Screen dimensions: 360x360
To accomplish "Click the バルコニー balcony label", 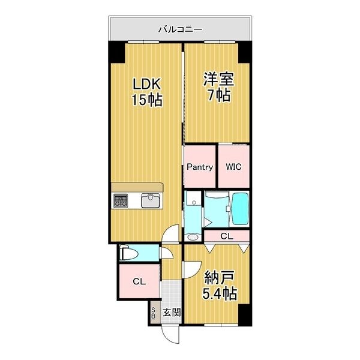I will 180,28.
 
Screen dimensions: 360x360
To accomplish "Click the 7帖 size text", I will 218,97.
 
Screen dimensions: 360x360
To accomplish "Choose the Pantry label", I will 199,167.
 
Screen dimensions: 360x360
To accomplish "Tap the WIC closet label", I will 234,167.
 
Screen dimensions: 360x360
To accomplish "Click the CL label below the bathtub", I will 227,236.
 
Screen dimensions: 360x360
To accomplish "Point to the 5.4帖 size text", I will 220,294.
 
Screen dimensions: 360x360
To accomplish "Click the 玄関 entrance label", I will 172,312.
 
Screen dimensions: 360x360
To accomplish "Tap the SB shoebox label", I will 154,313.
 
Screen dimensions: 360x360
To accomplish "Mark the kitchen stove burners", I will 121,201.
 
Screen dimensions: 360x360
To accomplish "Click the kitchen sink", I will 150,201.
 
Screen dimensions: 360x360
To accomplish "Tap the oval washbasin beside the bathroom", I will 192,237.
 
